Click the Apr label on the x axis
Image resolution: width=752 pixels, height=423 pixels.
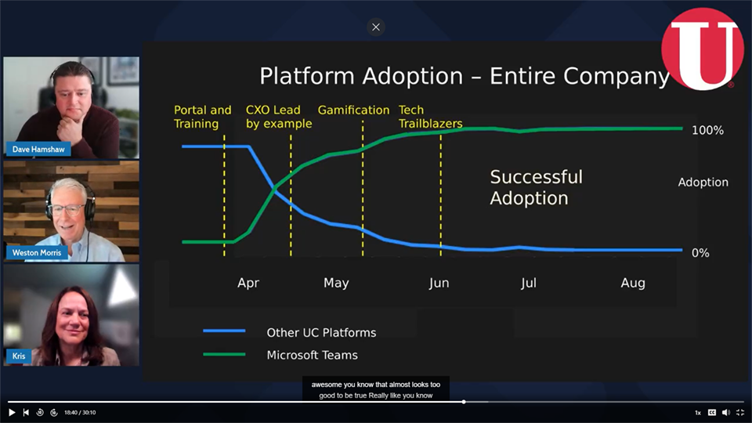(248, 283)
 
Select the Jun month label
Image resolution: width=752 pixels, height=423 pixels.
(439, 283)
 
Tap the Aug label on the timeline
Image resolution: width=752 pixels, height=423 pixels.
(633, 283)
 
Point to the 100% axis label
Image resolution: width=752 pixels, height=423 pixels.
(707, 130)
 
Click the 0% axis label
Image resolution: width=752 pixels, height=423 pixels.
(700, 253)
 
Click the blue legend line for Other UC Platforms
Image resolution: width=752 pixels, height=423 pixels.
(224, 331)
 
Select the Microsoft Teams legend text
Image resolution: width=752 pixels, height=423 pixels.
(313, 355)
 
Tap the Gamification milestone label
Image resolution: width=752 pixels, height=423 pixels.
(353, 110)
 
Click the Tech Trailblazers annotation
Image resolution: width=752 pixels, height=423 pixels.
(430, 117)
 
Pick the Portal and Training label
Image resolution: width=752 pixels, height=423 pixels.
(202, 117)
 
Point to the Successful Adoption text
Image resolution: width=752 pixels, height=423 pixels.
(536, 187)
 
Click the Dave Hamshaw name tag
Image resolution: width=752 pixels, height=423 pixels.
(38, 149)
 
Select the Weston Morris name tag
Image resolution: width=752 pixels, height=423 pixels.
(37, 252)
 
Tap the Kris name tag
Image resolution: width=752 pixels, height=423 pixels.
(19, 356)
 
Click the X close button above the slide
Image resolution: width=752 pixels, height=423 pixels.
(376, 27)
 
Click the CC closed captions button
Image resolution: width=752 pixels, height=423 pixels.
(712, 413)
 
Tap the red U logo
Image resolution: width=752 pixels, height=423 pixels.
(703, 49)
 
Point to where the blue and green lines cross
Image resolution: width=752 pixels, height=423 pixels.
(275, 189)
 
